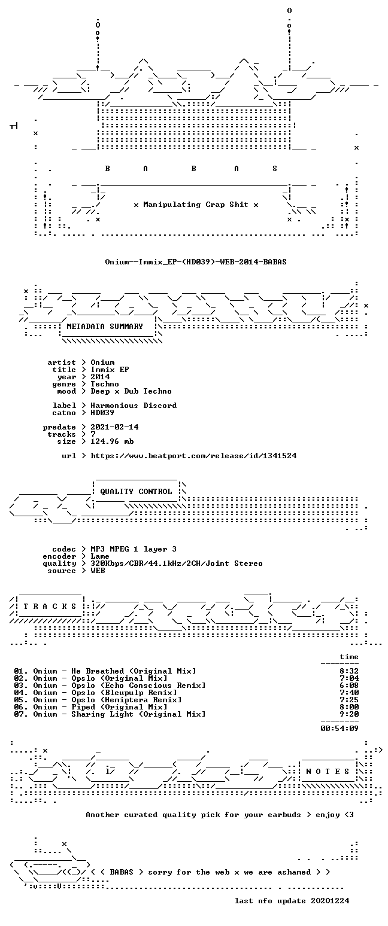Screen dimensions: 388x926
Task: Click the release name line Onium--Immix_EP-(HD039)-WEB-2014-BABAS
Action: coord(196,261)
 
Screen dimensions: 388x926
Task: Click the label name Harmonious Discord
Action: coord(134,406)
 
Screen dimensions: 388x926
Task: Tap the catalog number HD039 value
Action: coord(102,413)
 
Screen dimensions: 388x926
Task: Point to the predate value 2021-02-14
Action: coord(114,427)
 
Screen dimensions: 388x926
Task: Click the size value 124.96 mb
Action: coord(112,441)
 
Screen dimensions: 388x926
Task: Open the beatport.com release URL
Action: coord(193,456)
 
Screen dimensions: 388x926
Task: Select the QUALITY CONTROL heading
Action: coord(136,492)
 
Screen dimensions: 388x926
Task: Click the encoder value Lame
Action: coord(100,556)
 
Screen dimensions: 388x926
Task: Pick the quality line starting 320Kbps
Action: coord(177,563)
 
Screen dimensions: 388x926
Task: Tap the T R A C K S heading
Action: coord(50,607)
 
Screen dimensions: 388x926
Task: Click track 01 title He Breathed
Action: coord(98,671)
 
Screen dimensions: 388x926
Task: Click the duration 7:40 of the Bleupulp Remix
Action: coord(349,693)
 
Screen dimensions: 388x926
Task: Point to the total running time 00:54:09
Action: coord(339,729)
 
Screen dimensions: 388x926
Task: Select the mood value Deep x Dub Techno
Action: coord(131,391)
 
